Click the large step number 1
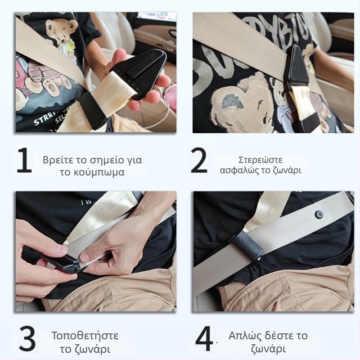click(24, 160)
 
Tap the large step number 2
click(199, 161)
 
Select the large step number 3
click(27, 338)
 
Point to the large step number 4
click(204, 338)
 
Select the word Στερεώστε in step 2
click(261, 160)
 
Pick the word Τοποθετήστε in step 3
click(85, 336)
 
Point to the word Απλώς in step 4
click(245, 336)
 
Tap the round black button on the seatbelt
click(318, 215)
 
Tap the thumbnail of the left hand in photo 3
click(62, 249)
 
